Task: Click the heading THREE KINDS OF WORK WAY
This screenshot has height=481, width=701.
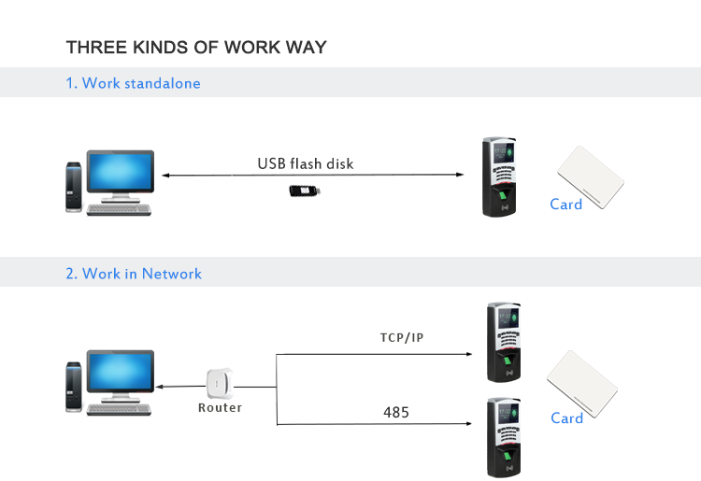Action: point(196,47)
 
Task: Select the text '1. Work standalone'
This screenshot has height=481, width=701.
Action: point(133,83)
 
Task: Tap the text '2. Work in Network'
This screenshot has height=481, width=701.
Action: point(134,274)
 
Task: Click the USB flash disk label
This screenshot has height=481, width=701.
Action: point(306,164)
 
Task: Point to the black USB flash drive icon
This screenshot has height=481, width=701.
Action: point(306,191)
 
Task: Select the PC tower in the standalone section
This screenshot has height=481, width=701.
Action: point(73,188)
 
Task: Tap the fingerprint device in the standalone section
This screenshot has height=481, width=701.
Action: point(499,177)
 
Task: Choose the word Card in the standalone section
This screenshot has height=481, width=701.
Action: point(565,205)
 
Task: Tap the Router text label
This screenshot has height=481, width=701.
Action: point(220,408)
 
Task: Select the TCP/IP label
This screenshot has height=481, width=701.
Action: point(401,337)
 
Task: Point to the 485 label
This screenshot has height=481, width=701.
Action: point(396,412)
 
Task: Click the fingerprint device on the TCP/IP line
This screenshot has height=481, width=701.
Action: point(503,342)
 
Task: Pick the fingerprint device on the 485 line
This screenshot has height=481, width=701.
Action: point(503,437)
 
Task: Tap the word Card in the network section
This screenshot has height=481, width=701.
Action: point(566,418)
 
